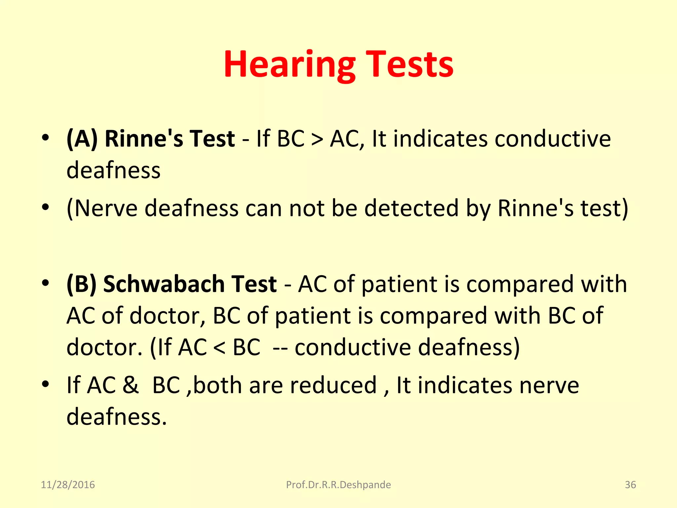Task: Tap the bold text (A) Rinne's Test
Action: click(x=151, y=139)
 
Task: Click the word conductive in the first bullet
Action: click(x=552, y=139)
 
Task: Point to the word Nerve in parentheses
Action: click(x=106, y=208)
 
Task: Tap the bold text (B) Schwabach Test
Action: click(x=171, y=284)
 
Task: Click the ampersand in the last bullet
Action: click(x=131, y=385)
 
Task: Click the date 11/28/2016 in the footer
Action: click(x=68, y=485)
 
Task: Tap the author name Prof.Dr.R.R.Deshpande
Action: click(x=338, y=485)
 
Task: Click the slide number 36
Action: click(x=630, y=485)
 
